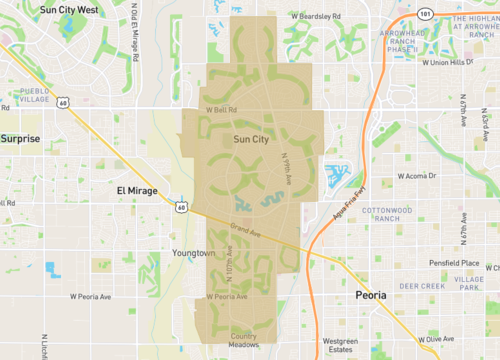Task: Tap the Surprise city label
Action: pos(19,138)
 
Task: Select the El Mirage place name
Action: pos(138,189)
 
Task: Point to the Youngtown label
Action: pos(193,253)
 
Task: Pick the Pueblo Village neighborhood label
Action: pos(33,96)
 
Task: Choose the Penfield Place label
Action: pos(452,264)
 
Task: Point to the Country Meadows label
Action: pos(244,340)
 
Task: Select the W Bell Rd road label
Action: pos(220,109)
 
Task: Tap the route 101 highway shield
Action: pos(426,14)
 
